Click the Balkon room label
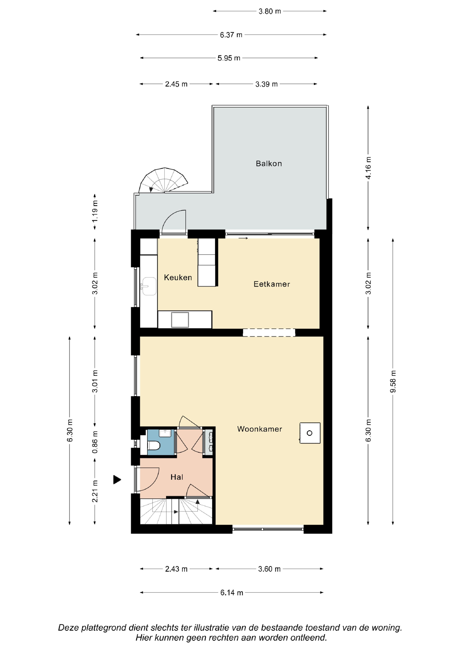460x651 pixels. click(x=269, y=164)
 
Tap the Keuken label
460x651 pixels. click(x=178, y=277)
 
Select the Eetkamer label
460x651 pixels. click(x=272, y=284)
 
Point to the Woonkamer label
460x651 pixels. click(x=260, y=429)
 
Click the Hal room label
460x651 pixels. click(x=177, y=477)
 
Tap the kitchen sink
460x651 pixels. click(x=149, y=286)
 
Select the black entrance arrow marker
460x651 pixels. click(x=117, y=480)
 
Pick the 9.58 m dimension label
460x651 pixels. click(x=393, y=381)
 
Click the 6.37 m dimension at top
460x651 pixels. click(x=231, y=35)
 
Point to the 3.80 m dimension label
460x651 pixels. click(x=270, y=11)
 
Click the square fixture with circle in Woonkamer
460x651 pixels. click(x=310, y=433)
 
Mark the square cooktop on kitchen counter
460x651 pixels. click(x=180, y=320)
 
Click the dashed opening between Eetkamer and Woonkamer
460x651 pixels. click(x=269, y=333)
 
